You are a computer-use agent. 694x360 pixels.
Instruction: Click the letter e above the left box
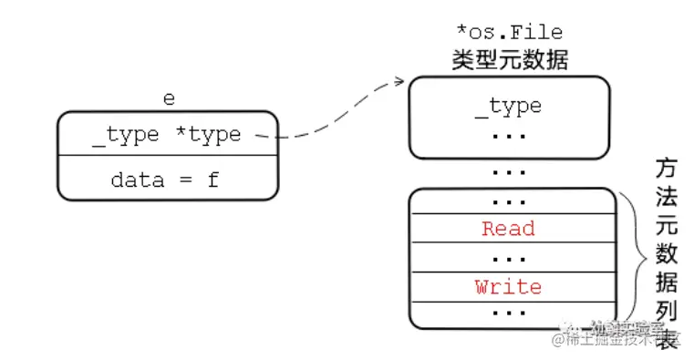click(169, 98)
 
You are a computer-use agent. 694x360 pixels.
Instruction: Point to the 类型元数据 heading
click(509, 61)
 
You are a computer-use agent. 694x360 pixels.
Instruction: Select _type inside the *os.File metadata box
click(508, 107)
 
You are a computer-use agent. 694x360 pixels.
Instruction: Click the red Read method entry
click(508, 229)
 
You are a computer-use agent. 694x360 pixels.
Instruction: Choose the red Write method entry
click(508, 287)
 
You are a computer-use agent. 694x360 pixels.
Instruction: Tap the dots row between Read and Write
click(508, 258)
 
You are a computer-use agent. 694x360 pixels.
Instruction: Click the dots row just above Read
click(508, 201)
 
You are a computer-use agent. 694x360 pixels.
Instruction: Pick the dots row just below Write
click(508, 314)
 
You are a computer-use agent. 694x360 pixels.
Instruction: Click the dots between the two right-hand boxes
click(508, 171)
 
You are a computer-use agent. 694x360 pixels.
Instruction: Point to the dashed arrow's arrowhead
click(399, 82)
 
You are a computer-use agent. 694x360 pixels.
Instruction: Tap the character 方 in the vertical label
click(666, 169)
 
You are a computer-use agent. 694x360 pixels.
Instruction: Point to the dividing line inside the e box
click(168, 156)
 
